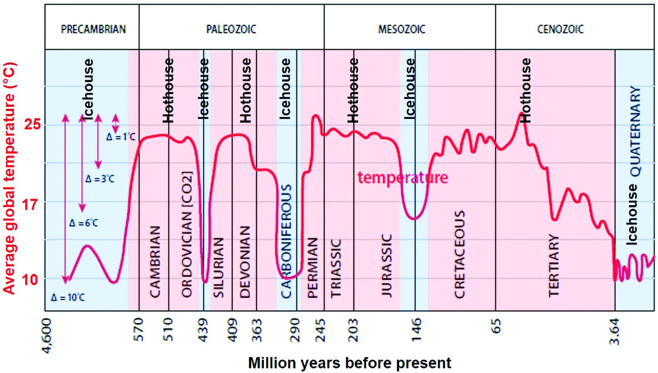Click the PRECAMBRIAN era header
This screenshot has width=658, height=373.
click(x=93, y=29)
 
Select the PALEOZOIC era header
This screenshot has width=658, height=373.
click(x=231, y=29)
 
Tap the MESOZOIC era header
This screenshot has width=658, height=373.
click(x=402, y=29)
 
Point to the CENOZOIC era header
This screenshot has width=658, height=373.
click(x=560, y=29)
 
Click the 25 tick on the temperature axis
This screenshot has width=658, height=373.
click(x=32, y=124)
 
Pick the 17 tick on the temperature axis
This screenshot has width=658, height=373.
click(x=31, y=205)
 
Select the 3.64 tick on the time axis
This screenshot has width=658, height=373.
click(x=614, y=331)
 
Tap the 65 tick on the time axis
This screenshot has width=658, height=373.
click(x=496, y=326)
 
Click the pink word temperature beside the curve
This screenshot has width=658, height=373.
click(x=402, y=178)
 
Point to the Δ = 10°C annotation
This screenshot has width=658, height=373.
click(x=68, y=297)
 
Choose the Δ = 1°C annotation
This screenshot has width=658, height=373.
click(x=121, y=137)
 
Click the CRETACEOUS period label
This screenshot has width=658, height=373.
click(x=459, y=254)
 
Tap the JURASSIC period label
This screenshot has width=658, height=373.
click(x=387, y=265)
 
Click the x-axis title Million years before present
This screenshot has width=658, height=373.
click(x=349, y=363)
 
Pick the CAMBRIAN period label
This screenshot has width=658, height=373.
click(x=155, y=262)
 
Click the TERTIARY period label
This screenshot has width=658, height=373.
click(x=554, y=265)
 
